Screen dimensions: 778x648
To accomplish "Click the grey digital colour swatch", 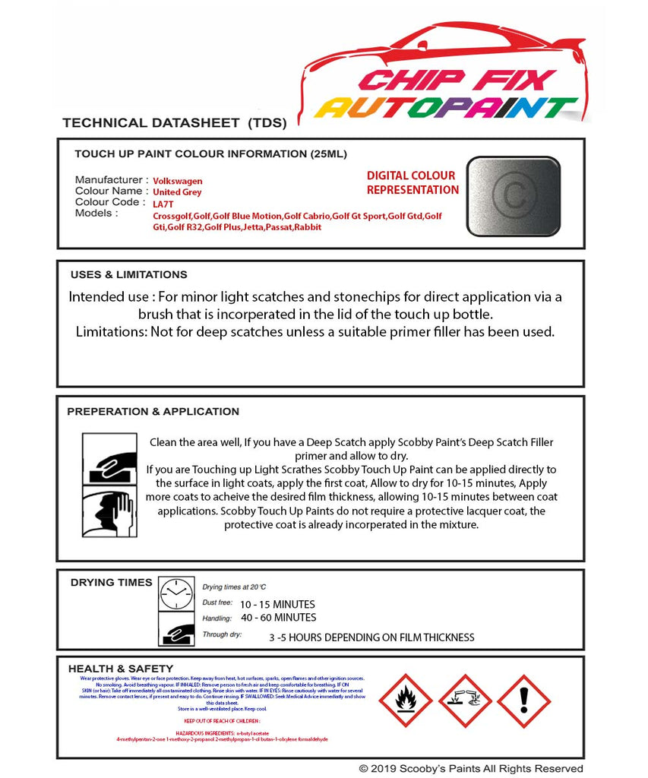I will pyautogui.click(x=514, y=196).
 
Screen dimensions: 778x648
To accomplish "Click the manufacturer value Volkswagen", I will pyautogui.click(x=178, y=182).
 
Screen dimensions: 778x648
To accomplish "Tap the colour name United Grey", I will pyautogui.click(x=177, y=193).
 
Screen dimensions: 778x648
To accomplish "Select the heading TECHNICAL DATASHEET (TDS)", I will pyautogui.click(x=174, y=123).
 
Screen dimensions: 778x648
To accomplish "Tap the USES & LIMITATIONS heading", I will pyautogui.click(x=128, y=275).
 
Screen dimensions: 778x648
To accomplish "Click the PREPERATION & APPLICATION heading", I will pyautogui.click(x=153, y=412).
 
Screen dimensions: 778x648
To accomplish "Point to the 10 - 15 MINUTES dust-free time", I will pyautogui.click(x=277, y=605).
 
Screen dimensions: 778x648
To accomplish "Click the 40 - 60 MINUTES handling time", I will pyautogui.click(x=278, y=618).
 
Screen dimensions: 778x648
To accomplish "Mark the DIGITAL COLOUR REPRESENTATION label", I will pyautogui.click(x=413, y=183).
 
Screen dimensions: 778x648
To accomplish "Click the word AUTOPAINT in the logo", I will pyautogui.click(x=446, y=108).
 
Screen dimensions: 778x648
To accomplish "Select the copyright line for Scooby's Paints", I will pyautogui.click(x=471, y=769).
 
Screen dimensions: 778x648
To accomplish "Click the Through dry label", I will pyautogui.click(x=222, y=634).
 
